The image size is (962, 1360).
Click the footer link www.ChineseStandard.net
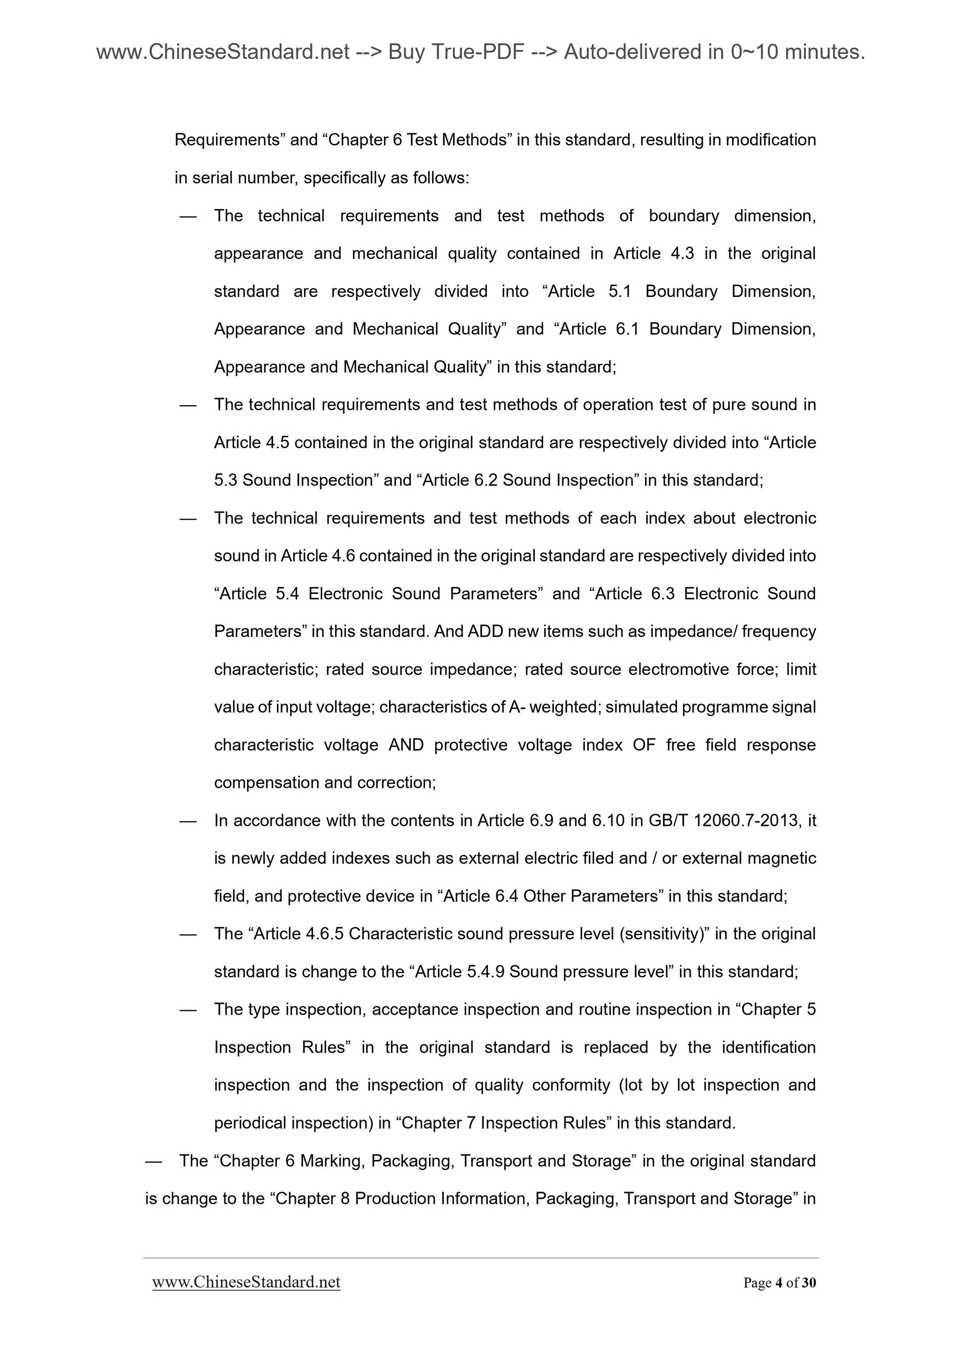(246, 1282)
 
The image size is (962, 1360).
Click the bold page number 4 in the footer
(778, 1283)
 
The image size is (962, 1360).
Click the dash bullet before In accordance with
(188, 821)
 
